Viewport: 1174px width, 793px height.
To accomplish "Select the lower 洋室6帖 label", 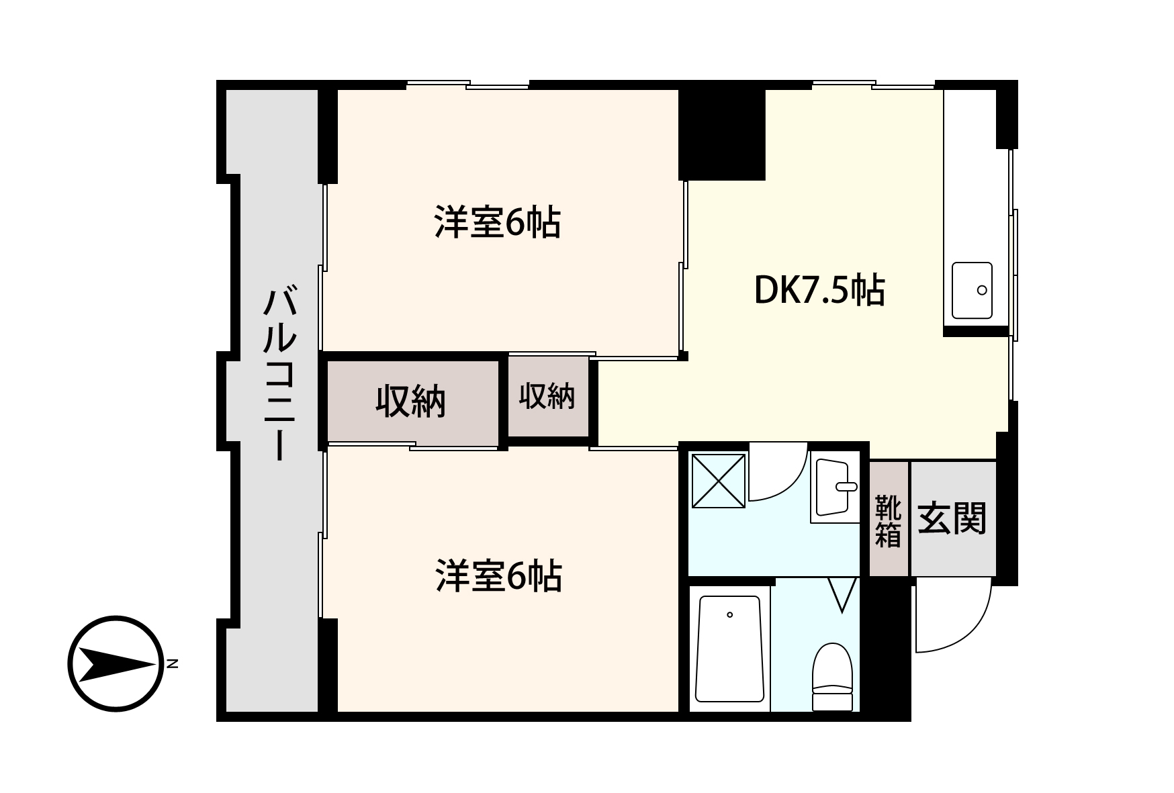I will (498, 576).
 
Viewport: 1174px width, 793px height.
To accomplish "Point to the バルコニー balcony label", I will (279, 374).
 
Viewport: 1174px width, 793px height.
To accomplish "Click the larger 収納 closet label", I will (410, 402).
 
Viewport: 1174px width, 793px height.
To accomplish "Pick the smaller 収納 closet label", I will (547, 396).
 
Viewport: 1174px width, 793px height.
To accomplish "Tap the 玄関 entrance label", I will (952, 518).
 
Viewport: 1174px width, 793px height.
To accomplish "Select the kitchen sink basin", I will (971, 290).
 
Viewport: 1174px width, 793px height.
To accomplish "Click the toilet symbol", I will (832, 675).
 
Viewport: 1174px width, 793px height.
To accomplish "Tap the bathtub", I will (729, 648).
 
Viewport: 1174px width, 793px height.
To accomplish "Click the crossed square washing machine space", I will (719, 480).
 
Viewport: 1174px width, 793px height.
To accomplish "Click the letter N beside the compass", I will (173, 664).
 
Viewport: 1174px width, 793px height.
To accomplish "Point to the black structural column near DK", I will (722, 134).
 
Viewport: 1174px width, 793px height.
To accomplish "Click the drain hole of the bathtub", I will (729, 614).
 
